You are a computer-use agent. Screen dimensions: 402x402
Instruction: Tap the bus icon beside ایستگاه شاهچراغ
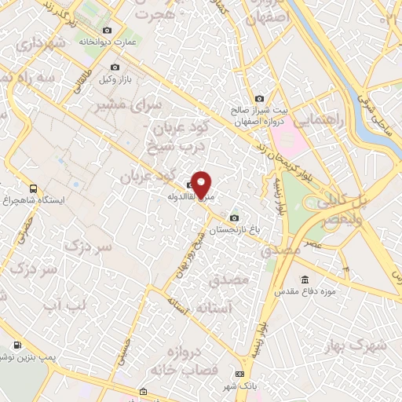pyautogui.click(x=33, y=188)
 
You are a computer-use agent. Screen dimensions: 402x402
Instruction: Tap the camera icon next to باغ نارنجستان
pyautogui.click(x=233, y=217)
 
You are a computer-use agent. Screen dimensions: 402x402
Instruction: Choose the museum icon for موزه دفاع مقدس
pyautogui.click(x=305, y=280)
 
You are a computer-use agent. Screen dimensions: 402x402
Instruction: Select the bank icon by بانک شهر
pyautogui.click(x=239, y=373)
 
